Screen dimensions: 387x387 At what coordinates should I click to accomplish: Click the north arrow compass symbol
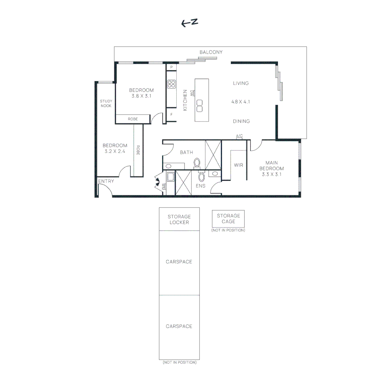(x=190, y=23)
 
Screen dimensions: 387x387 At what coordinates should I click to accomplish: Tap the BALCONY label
(x=211, y=52)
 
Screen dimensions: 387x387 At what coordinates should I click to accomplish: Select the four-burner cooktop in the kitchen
(x=171, y=84)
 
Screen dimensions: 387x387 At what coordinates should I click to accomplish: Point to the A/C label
(x=239, y=136)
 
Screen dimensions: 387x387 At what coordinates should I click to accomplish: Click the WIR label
(x=239, y=165)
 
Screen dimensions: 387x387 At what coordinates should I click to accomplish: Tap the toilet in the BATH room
(x=197, y=163)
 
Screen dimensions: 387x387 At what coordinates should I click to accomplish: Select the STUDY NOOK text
(x=106, y=104)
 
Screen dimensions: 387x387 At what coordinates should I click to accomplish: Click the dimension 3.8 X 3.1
(x=141, y=96)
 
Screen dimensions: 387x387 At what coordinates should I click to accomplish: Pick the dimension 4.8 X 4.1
(x=240, y=102)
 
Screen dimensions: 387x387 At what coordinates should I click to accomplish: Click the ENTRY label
(x=106, y=181)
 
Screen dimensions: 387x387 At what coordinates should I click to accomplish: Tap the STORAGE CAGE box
(x=228, y=219)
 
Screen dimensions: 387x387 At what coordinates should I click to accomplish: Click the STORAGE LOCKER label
(x=179, y=219)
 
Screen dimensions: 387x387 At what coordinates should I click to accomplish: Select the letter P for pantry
(x=171, y=67)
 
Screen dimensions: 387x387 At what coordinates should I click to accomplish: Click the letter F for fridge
(x=171, y=115)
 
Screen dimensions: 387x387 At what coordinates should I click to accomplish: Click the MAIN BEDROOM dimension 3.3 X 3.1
(x=271, y=175)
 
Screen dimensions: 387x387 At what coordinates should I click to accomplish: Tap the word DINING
(x=241, y=121)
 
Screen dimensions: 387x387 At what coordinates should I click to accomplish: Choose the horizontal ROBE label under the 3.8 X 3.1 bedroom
(x=133, y=119)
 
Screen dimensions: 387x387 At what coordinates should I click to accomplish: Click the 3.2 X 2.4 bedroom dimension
(x=115, y=151)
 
